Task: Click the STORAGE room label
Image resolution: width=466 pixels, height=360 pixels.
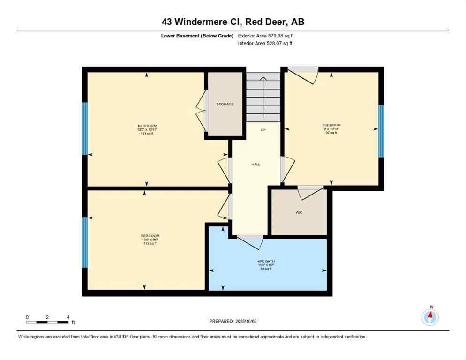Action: [225, 104]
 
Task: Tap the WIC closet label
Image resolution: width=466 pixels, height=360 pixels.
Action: [299, 212]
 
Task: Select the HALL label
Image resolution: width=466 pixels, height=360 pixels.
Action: [256, 165]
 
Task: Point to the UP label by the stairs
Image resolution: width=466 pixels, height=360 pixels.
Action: [263, 130]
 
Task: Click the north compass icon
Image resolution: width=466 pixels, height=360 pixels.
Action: [430, 317]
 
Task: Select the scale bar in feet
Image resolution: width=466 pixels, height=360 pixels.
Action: [48, 322]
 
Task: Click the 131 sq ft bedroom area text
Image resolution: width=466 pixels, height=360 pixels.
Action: [147, 134]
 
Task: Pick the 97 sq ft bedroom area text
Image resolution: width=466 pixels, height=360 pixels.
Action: [331, 133]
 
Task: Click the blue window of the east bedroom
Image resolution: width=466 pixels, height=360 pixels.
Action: [381, 131]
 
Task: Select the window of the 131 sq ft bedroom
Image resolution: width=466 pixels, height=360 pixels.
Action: [85, 128]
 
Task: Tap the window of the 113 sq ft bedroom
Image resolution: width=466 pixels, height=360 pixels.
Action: [85, 242]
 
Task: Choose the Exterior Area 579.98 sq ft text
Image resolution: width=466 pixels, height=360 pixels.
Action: [266, 36]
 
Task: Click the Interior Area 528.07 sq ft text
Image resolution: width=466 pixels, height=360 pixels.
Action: [266, 44]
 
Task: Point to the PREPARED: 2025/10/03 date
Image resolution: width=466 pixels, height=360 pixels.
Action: [233, 321]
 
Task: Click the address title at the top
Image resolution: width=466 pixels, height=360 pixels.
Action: [233, 22]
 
